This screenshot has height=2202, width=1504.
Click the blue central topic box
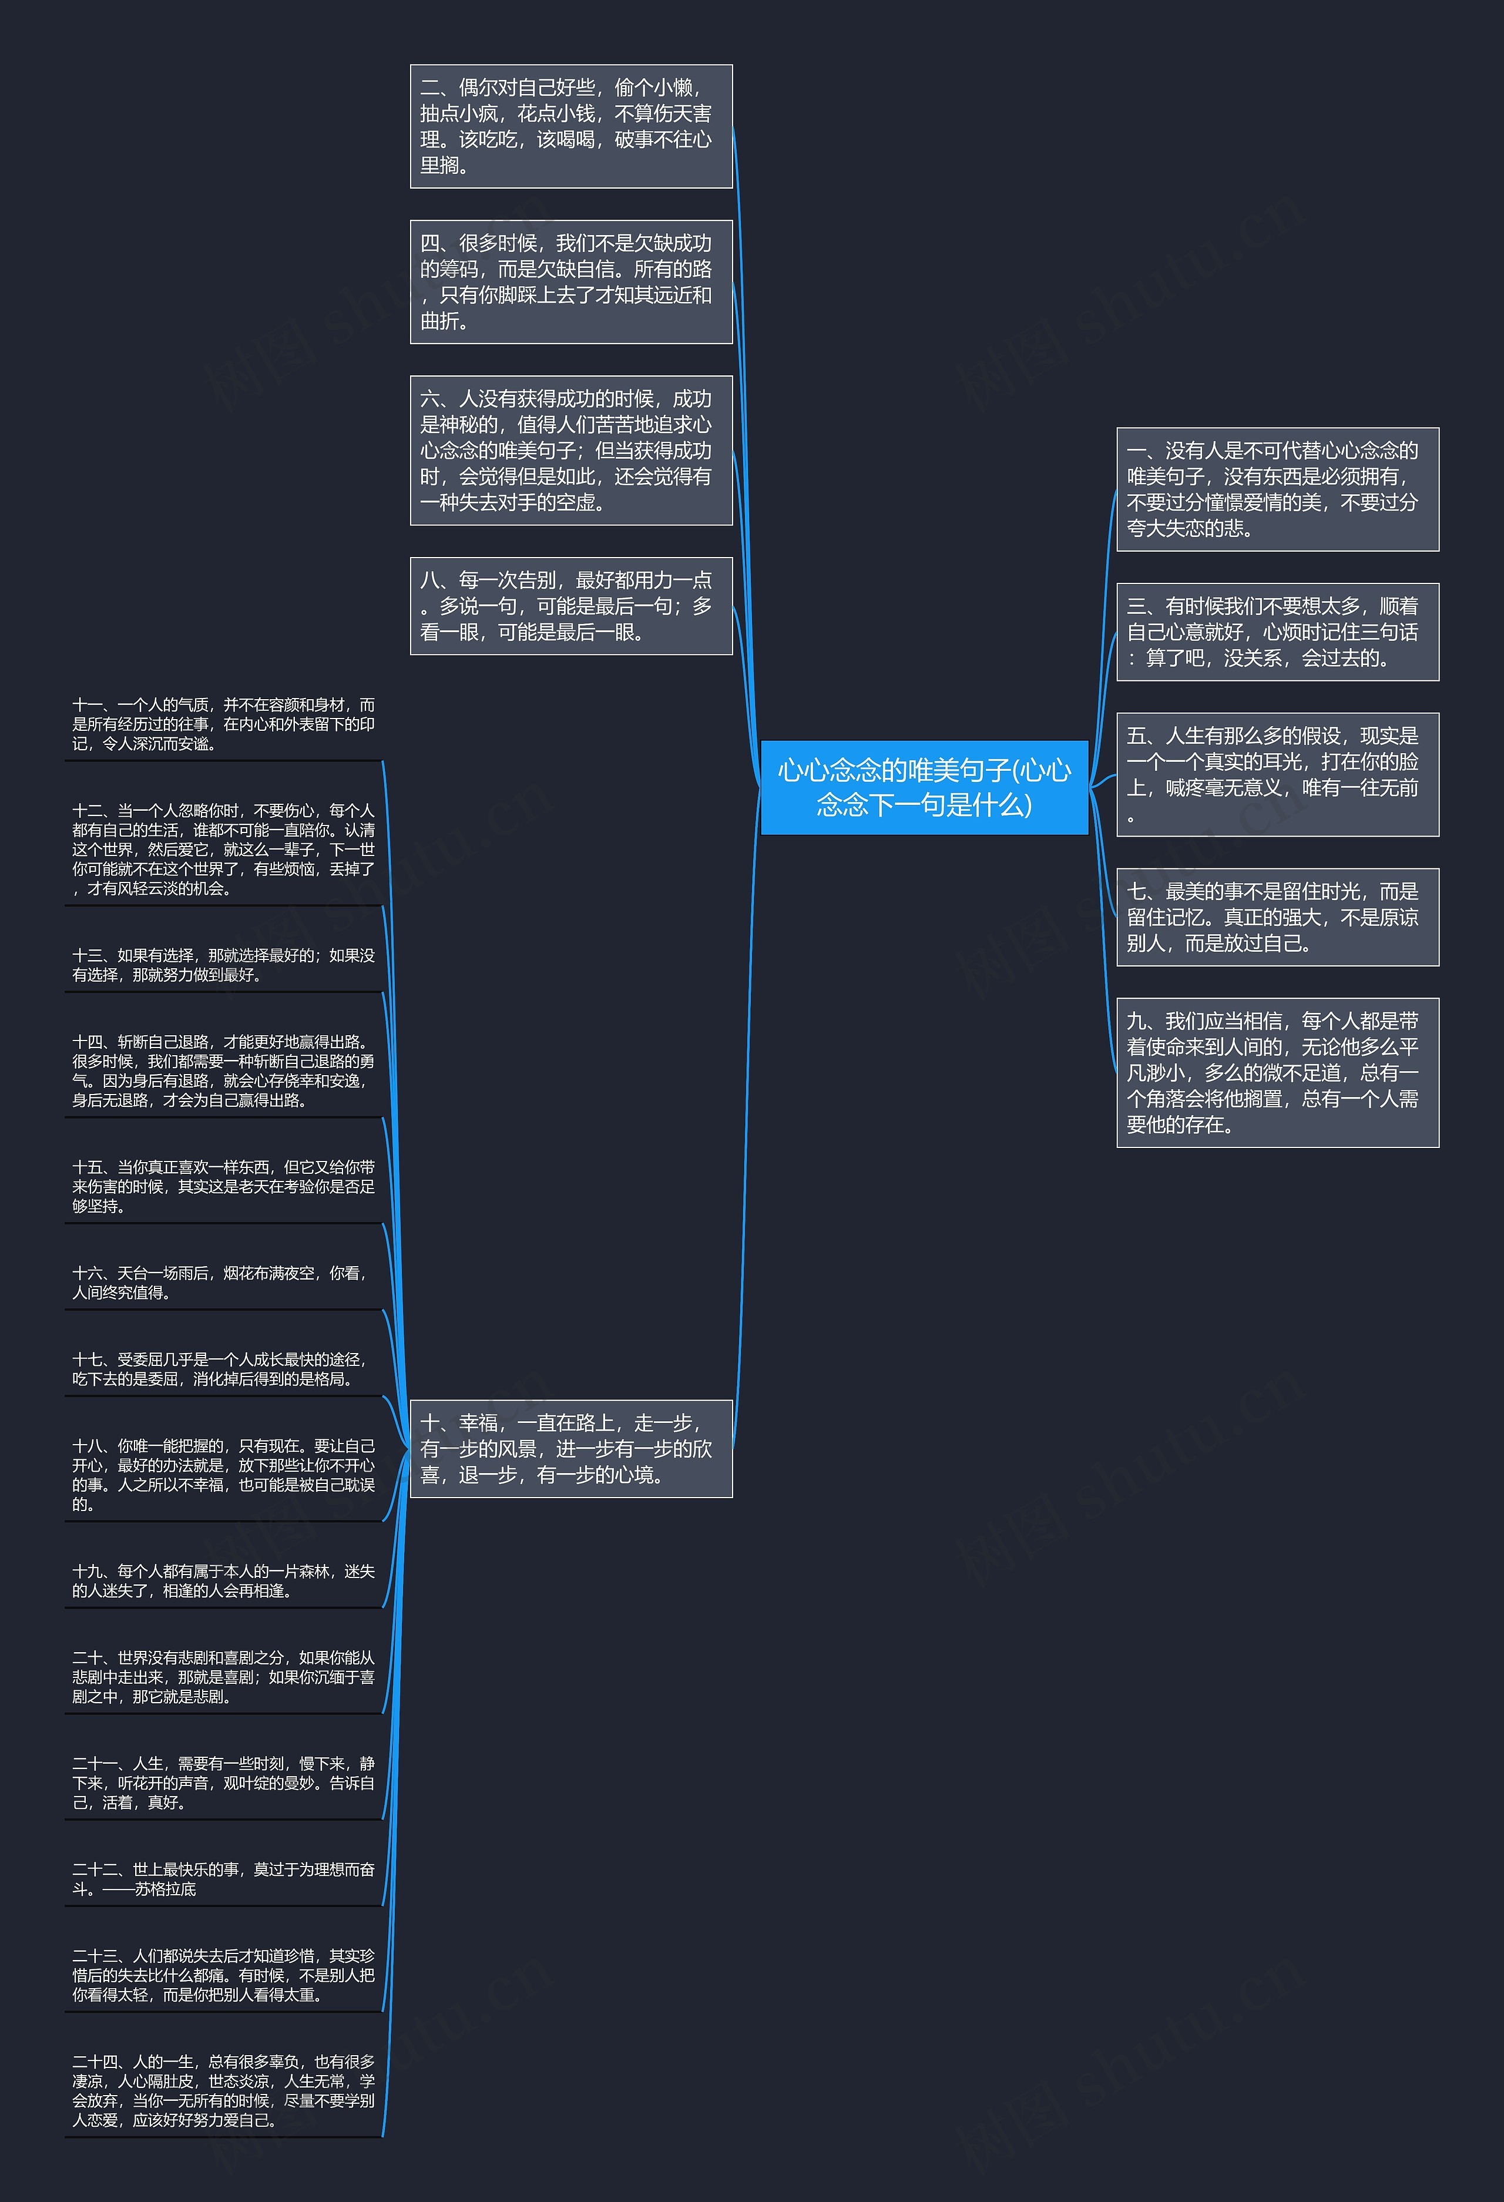coord(924,787)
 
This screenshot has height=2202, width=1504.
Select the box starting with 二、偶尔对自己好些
coord(572,126)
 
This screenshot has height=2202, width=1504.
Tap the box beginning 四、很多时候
coord(572,281)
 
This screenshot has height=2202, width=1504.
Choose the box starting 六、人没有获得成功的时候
coord(572,450)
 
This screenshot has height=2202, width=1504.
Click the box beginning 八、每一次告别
coord(572,606)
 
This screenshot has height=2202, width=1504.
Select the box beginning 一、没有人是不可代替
coord(1277,489)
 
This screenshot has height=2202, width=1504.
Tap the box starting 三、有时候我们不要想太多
coord(1277,632)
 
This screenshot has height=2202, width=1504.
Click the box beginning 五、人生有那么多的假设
coord(1277,774)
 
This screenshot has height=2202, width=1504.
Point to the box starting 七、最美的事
coord(1277,917)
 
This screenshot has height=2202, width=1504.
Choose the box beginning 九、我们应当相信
coord(1277,1073)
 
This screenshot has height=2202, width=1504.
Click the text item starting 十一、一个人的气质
coord(224,724)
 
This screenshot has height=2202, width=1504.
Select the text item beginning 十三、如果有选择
coord(224,965)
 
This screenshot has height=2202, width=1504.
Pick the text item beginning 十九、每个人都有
coord(224,1580)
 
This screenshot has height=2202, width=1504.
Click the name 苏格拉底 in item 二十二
coord(165,1888)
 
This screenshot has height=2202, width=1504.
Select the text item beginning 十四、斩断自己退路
coord(224,1070)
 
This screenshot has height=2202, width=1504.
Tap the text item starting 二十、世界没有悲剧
coord(224,1677)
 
